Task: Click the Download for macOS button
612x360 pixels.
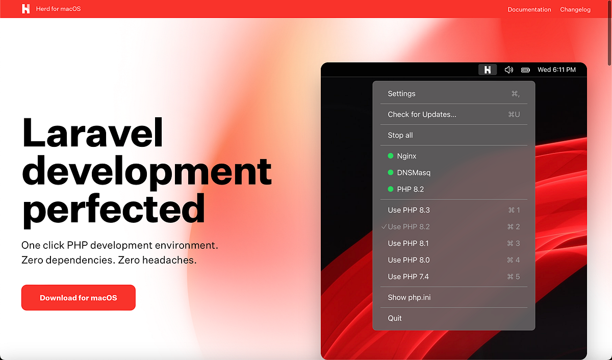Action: click(78, 298)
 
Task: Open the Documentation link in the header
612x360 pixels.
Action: click(529, 9)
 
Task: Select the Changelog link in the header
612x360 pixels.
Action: click(575, 9)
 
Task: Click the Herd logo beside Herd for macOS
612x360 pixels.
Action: click(26, 9)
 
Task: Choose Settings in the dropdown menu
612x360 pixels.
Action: click(402, 94)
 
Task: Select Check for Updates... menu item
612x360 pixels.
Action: click(422, 114)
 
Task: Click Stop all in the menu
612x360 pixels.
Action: click(400, 135)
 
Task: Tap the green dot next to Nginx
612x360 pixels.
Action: click(391, 156)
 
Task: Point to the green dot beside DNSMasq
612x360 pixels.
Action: click(391, 172)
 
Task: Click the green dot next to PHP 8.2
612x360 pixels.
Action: click(391, 189)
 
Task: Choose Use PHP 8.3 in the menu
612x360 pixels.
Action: click(409, 210)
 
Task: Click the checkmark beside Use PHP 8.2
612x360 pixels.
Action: click(384, 226)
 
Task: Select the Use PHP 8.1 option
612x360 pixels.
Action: click(409, 243)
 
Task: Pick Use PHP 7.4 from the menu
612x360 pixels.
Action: click(408, 276)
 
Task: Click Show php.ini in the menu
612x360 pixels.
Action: click(409, 297)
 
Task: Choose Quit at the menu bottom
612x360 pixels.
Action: click(395, 318)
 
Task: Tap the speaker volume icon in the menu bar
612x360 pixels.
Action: click(508, 70)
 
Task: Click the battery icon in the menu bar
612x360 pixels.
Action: click(526, 70)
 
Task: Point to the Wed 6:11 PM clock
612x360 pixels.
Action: click(556, 70)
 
